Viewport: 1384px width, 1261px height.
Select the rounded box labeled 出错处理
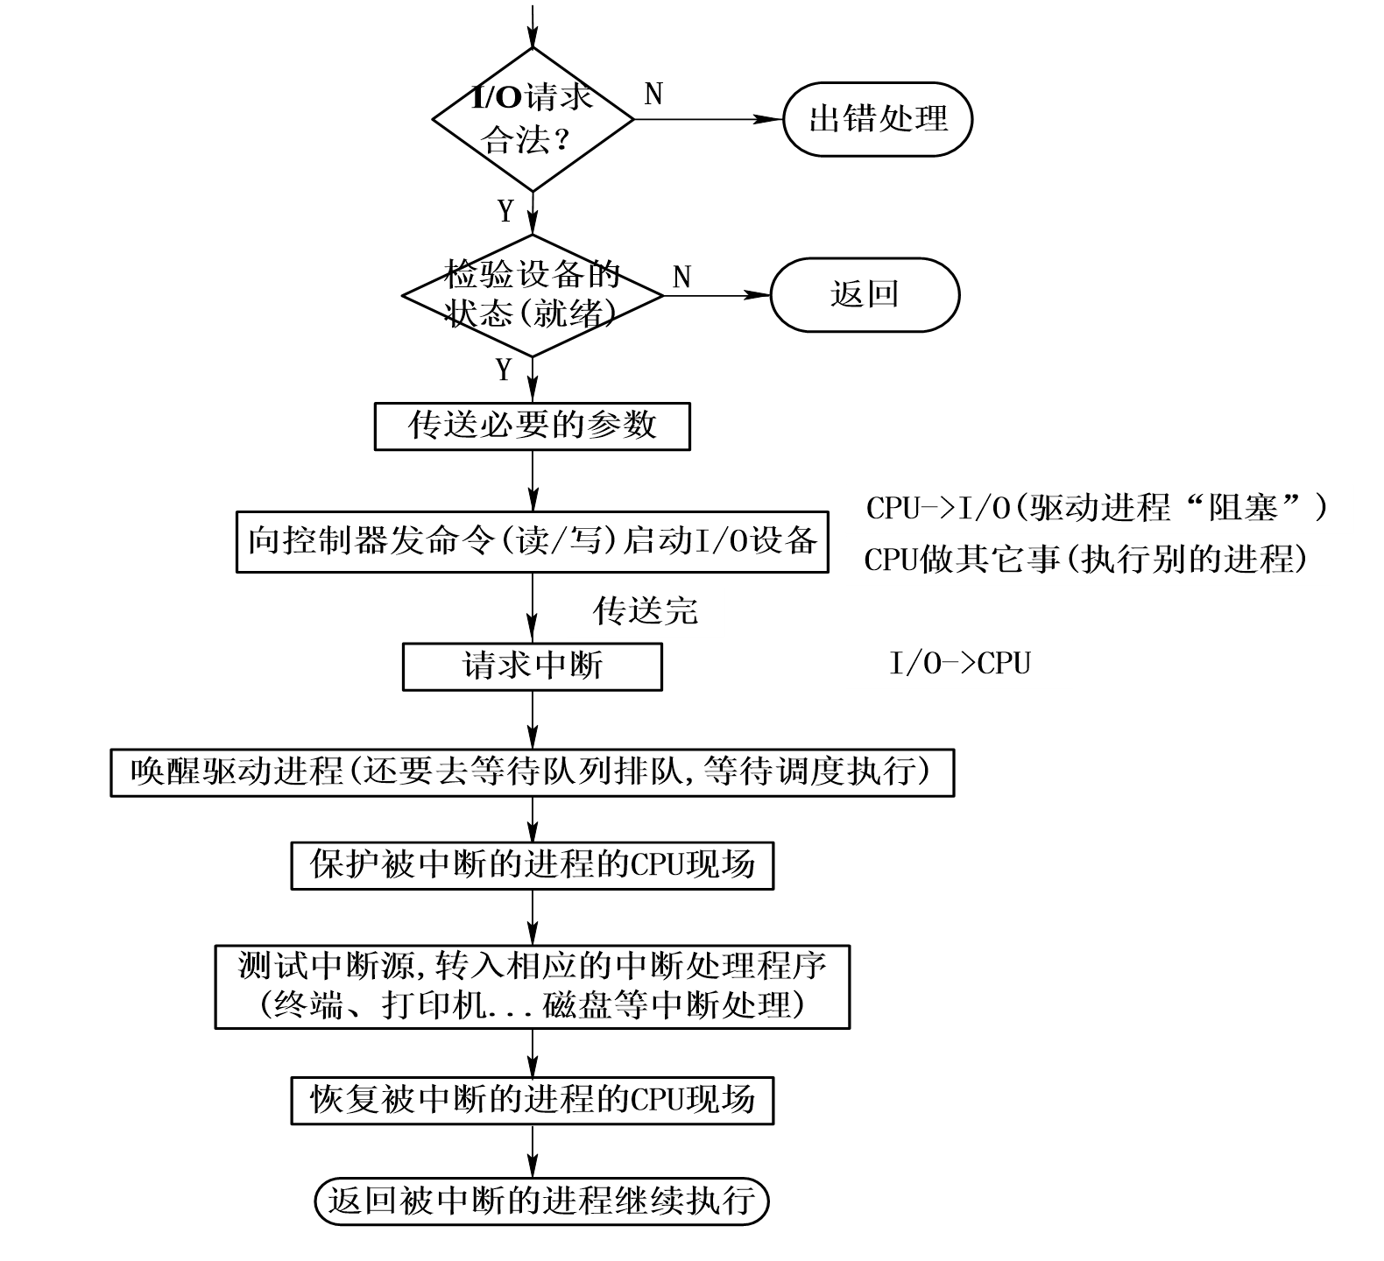pos(878,119)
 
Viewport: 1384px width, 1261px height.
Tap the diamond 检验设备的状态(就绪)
pos(533,295)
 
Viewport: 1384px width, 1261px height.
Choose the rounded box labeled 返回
pos(865,294)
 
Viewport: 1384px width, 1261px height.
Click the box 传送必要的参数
pos(533,426)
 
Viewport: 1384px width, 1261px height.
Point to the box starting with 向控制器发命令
pos(533,542)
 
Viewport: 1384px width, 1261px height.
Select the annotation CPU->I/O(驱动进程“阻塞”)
pos(1098,509)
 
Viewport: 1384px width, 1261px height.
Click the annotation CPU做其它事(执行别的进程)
pos(1088,560)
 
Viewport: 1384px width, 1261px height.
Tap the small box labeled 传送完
pos(646,612)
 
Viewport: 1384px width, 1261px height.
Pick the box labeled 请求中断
pos(533,666)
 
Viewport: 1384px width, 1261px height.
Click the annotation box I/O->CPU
pos(959,665)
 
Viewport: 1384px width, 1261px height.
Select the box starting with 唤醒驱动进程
pos(533,772)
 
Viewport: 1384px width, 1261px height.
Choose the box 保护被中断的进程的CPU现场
pos(533,865)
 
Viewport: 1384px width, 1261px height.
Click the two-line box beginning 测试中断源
pos(533,986)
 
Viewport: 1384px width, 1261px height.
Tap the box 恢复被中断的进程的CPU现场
pos(533,1100)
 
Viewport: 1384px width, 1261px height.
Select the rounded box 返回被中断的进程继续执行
pos(541,1201)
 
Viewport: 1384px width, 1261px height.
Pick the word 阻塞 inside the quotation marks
pos(1243,509)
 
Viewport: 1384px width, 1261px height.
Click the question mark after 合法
pos(561,140)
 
